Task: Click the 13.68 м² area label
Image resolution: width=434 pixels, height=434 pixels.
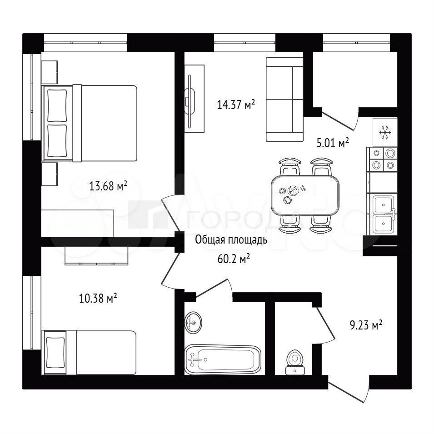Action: [x=108, y=186]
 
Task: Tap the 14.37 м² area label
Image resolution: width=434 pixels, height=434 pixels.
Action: [x=236, y=105]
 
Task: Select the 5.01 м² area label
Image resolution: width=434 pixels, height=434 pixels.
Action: [x=332, y=143]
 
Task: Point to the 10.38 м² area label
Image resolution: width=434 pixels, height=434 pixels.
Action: [x=98, y=299]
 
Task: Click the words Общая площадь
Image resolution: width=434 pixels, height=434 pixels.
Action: [x=231, y=240]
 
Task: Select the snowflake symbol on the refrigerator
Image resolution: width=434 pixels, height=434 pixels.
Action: [x=385, y=132]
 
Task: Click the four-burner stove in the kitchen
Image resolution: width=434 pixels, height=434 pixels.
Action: [x=382, y=159]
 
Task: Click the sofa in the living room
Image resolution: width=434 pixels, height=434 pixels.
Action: [x=284, y=100]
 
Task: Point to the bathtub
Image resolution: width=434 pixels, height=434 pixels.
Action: [x=223, y=359]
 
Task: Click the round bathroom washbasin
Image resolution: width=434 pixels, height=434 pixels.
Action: [x=193, y=323]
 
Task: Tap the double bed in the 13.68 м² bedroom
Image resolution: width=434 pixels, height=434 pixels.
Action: [x=90, y=123]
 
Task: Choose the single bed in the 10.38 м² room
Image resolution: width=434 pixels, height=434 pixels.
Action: [x=89, y=352]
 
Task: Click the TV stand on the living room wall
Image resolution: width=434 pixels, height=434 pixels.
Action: [x=195, y=99]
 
